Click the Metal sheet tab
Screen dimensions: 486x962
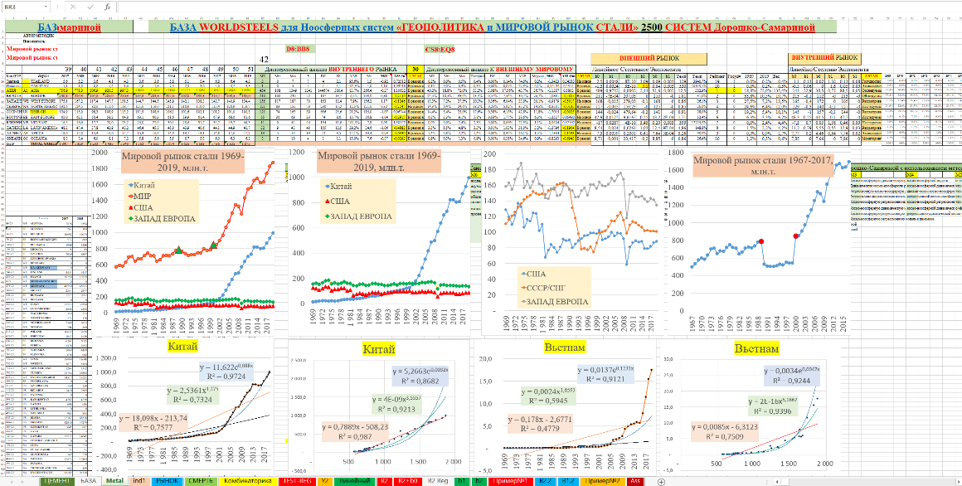tap(114, 480)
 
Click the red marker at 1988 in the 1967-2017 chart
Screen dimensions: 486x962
tap(760, 241)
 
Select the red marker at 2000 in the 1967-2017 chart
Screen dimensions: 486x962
tap(797, 236)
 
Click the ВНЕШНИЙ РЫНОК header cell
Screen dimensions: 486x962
tap(649, 57)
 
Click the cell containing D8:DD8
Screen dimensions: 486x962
tap(298, 50)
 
